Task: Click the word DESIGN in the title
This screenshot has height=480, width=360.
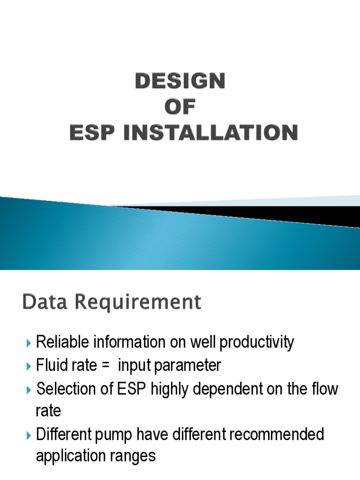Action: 180,82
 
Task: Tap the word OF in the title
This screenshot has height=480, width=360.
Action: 180,107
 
